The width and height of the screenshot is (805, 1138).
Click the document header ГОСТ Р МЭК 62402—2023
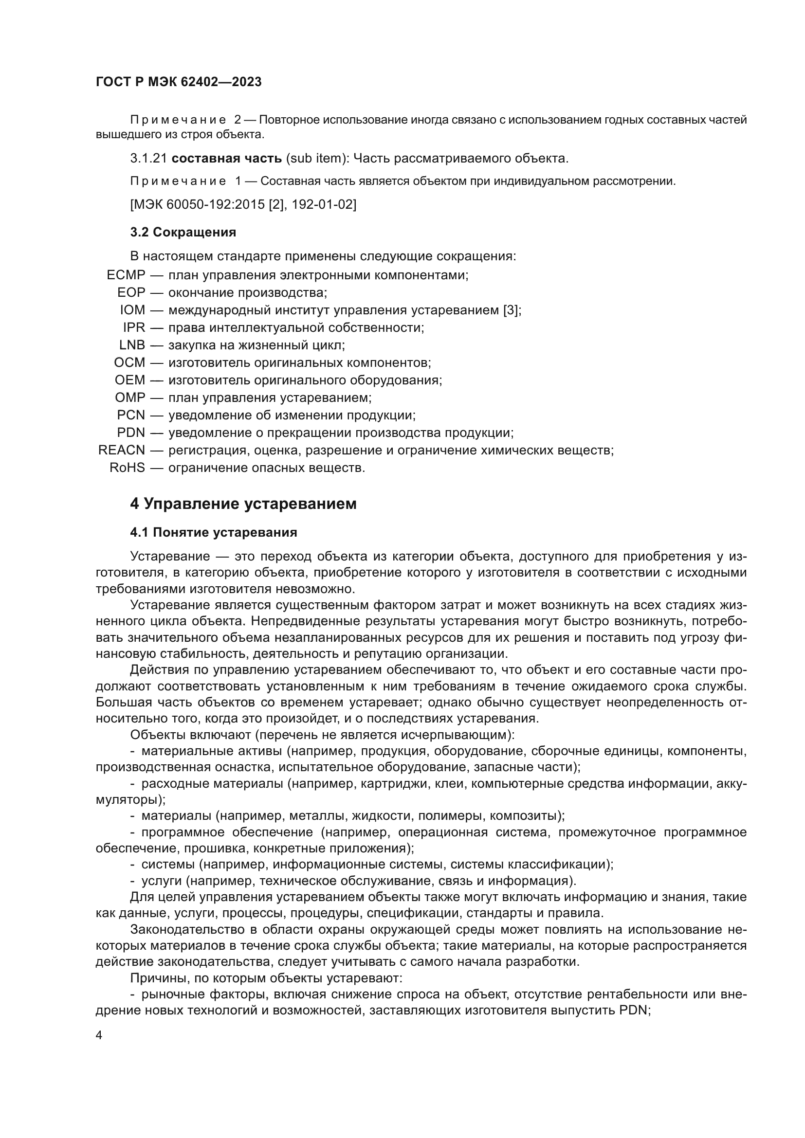(179, 82)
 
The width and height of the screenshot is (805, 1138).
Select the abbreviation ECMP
(126, 275)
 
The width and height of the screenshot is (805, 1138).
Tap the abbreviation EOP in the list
(131, 292)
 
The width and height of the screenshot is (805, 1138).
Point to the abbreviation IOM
(132, 310)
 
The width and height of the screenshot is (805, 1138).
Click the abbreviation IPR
(134, 327)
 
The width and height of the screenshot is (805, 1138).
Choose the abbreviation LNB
(132, 345)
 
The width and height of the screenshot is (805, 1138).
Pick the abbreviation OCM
(130, 363)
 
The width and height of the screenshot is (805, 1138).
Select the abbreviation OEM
(130, 380)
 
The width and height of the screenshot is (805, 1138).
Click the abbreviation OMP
(130, 397)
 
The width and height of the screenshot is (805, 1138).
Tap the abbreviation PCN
(131, 415)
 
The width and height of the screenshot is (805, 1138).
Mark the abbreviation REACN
(122, 450)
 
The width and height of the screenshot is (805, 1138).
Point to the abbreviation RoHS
(128, 468)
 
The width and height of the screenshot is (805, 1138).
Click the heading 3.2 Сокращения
(183, 232)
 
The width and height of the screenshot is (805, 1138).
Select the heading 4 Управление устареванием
(243, 504)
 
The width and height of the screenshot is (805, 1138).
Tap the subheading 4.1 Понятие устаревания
(214, 533)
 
